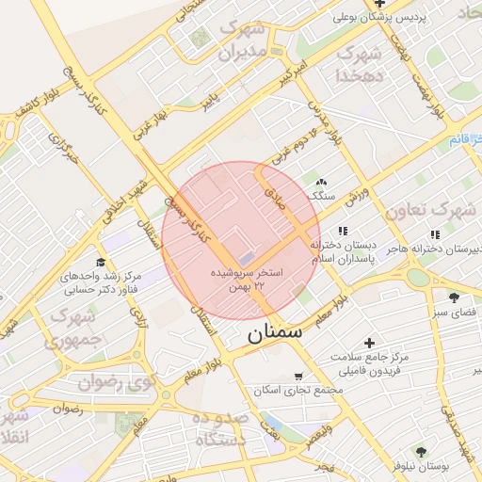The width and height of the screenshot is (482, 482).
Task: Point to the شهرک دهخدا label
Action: tap(362, 64)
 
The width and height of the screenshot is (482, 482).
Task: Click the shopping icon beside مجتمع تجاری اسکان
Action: tap(299, 376)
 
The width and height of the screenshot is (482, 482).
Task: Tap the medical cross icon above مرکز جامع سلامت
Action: tap(369, 344)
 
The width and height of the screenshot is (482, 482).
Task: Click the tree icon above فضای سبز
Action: tap(454, 297)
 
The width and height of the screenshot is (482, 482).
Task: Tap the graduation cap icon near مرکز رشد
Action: tap(100, 263)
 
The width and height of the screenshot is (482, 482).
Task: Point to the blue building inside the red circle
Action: tap(245, 256)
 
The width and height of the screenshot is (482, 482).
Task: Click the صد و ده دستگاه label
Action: tap(220, 428)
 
